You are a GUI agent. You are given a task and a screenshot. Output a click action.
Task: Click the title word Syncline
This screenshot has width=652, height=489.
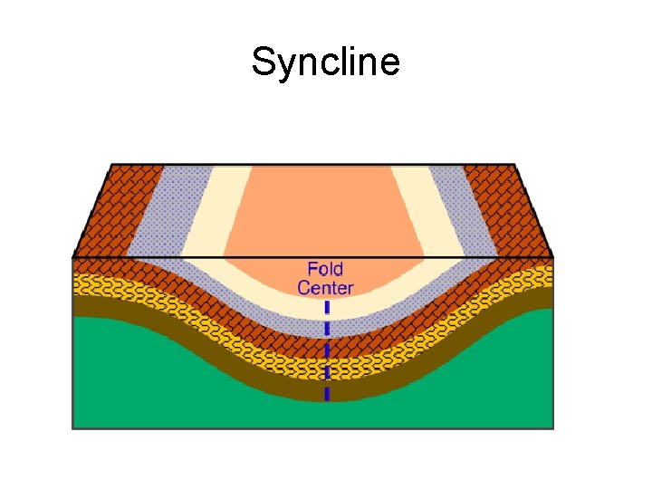pyautogui.click(x=325, y=63)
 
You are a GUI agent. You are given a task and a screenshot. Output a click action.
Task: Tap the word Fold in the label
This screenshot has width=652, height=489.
pyautogui.click(x=325, y=269)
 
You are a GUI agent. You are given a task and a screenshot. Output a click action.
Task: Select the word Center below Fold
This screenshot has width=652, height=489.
pyautogui.click(x=325, y=289)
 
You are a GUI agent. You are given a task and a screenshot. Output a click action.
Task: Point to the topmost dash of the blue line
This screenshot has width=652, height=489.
pyautogui.click(x=327, y=308)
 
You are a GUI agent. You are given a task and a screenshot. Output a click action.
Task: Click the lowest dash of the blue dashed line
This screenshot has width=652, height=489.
pyautogui.click(x=327, y=394)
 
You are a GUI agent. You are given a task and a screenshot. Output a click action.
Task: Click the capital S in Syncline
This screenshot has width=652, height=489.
pyautogui.click(x=261, y=63)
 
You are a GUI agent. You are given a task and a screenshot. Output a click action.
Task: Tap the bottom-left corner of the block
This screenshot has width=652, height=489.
pyautogui.click(x=73, y=427)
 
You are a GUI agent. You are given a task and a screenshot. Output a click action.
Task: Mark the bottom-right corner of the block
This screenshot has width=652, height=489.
pyautogui.click(x=553, y=427)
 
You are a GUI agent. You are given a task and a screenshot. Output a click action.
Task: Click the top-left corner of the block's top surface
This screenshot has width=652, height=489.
pyautogui.click(x=110, y=165)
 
